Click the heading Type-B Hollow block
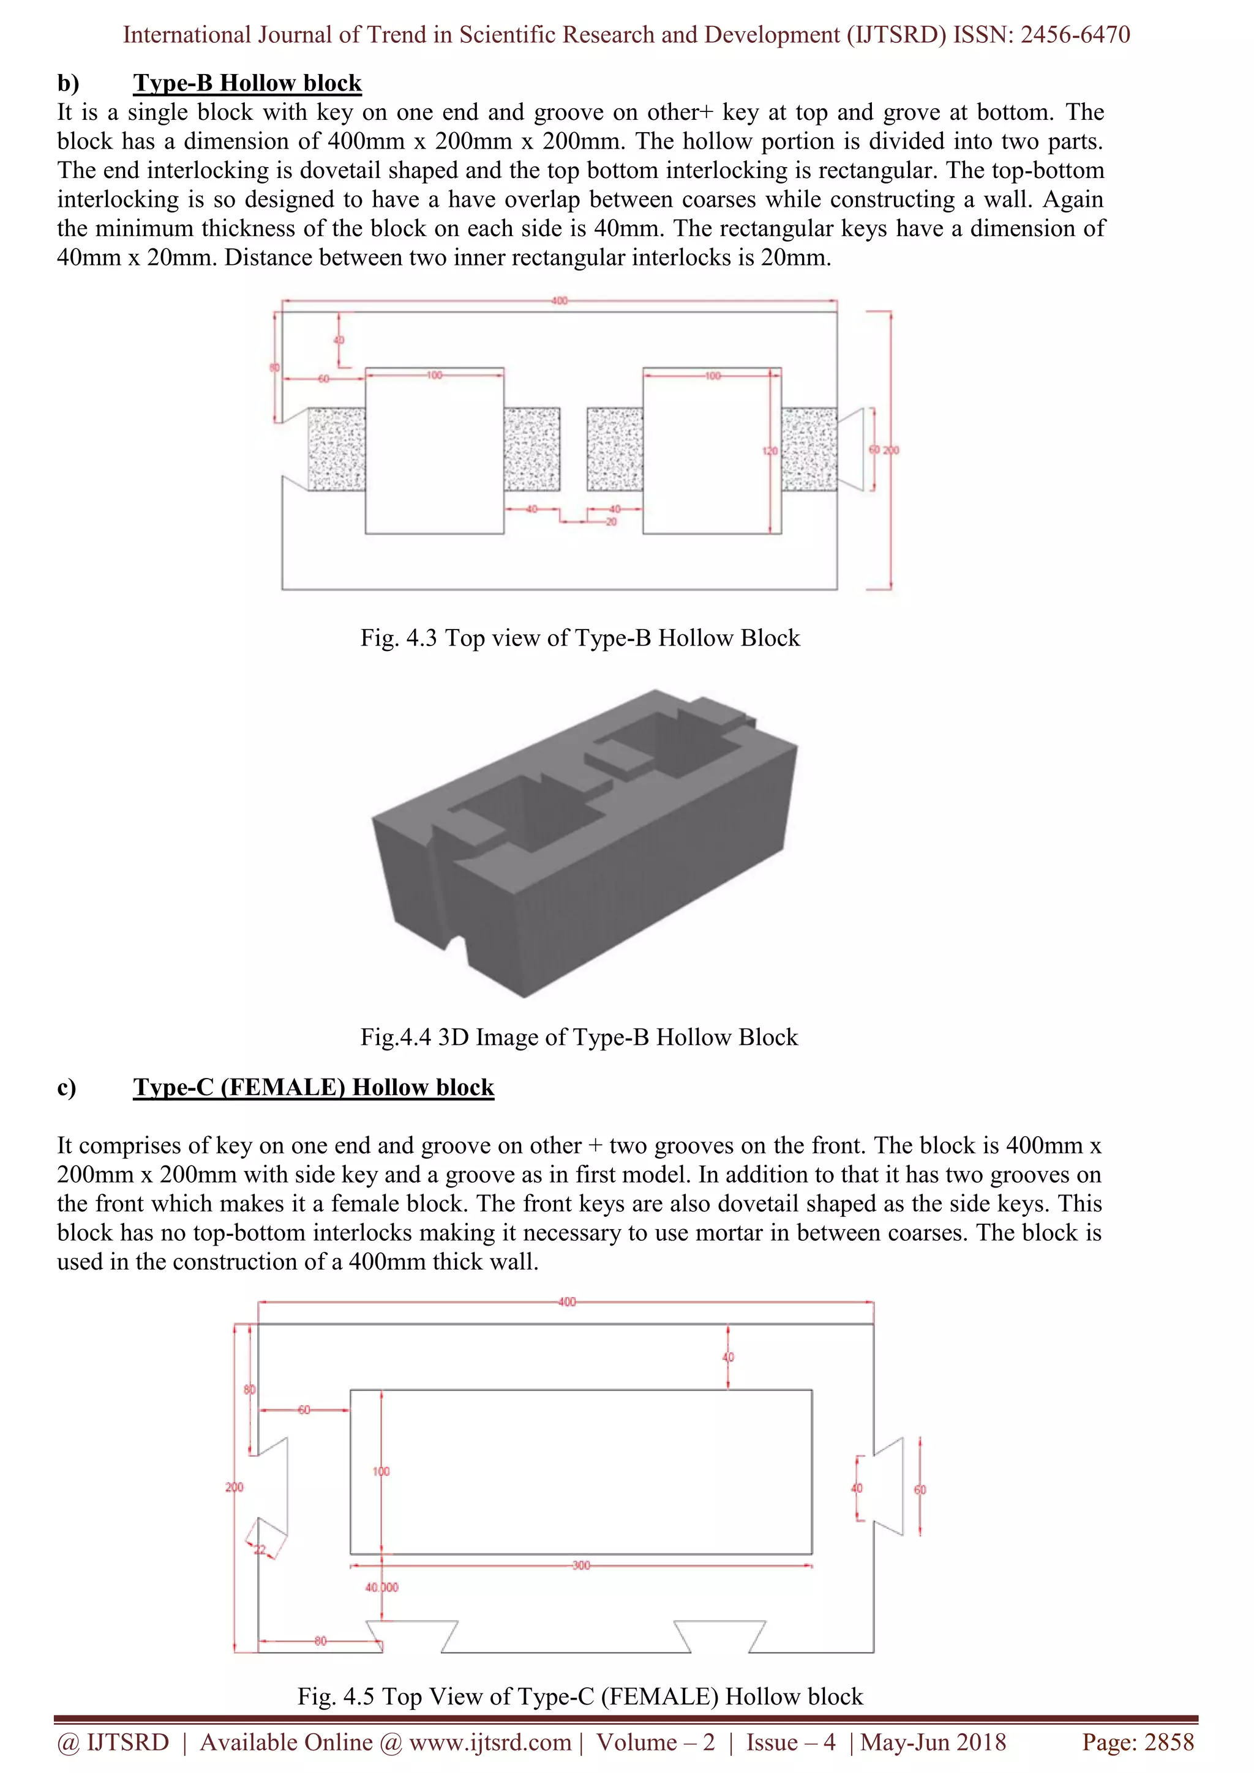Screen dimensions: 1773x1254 [x=247, y=83]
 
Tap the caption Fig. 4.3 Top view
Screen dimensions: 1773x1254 [x=579, y=638]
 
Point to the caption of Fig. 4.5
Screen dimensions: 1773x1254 [x=579, y=1696]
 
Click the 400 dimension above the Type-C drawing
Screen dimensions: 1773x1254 [x=566, y=1302]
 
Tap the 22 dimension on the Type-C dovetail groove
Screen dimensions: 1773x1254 [x=260, y=1550]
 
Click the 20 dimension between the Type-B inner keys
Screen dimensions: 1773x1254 [x=610, y=522]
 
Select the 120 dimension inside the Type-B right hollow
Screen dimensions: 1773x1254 [x=770, y=450]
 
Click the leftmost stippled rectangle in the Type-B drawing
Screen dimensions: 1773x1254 [x=337, y=450]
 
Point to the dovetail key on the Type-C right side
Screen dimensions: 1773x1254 [x=888, y=1487]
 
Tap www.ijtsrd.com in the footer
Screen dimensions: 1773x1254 [x=490, y=1742]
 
